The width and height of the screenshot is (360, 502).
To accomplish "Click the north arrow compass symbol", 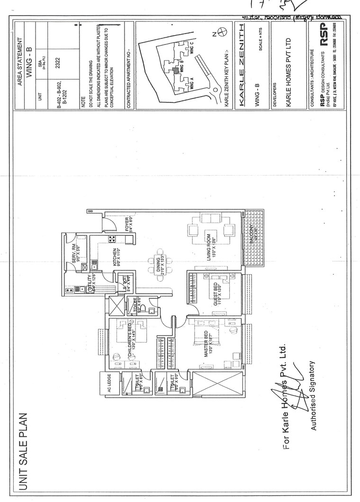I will [223, 33].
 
